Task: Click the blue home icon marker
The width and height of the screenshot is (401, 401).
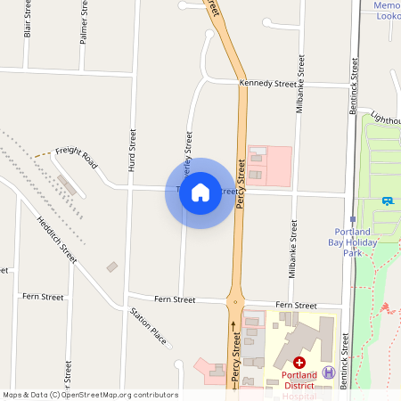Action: click(200, 192)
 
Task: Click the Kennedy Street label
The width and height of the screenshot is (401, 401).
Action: click(267, 84)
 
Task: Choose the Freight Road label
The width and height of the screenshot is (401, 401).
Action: click(76, 158)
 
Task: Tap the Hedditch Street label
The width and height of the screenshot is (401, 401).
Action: click(57, 240)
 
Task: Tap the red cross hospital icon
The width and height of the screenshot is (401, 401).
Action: click(300, 363)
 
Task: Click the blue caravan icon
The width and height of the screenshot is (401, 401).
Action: click(388, 200)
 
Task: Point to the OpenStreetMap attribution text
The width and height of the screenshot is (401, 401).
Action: click(90, 395)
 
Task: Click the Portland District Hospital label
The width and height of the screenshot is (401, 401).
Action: click(299, 381)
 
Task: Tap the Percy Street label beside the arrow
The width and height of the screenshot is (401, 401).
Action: click(235, 356)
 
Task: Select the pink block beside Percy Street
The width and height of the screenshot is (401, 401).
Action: click(268, 166)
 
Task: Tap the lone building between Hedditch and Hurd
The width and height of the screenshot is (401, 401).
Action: click(112, 266)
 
